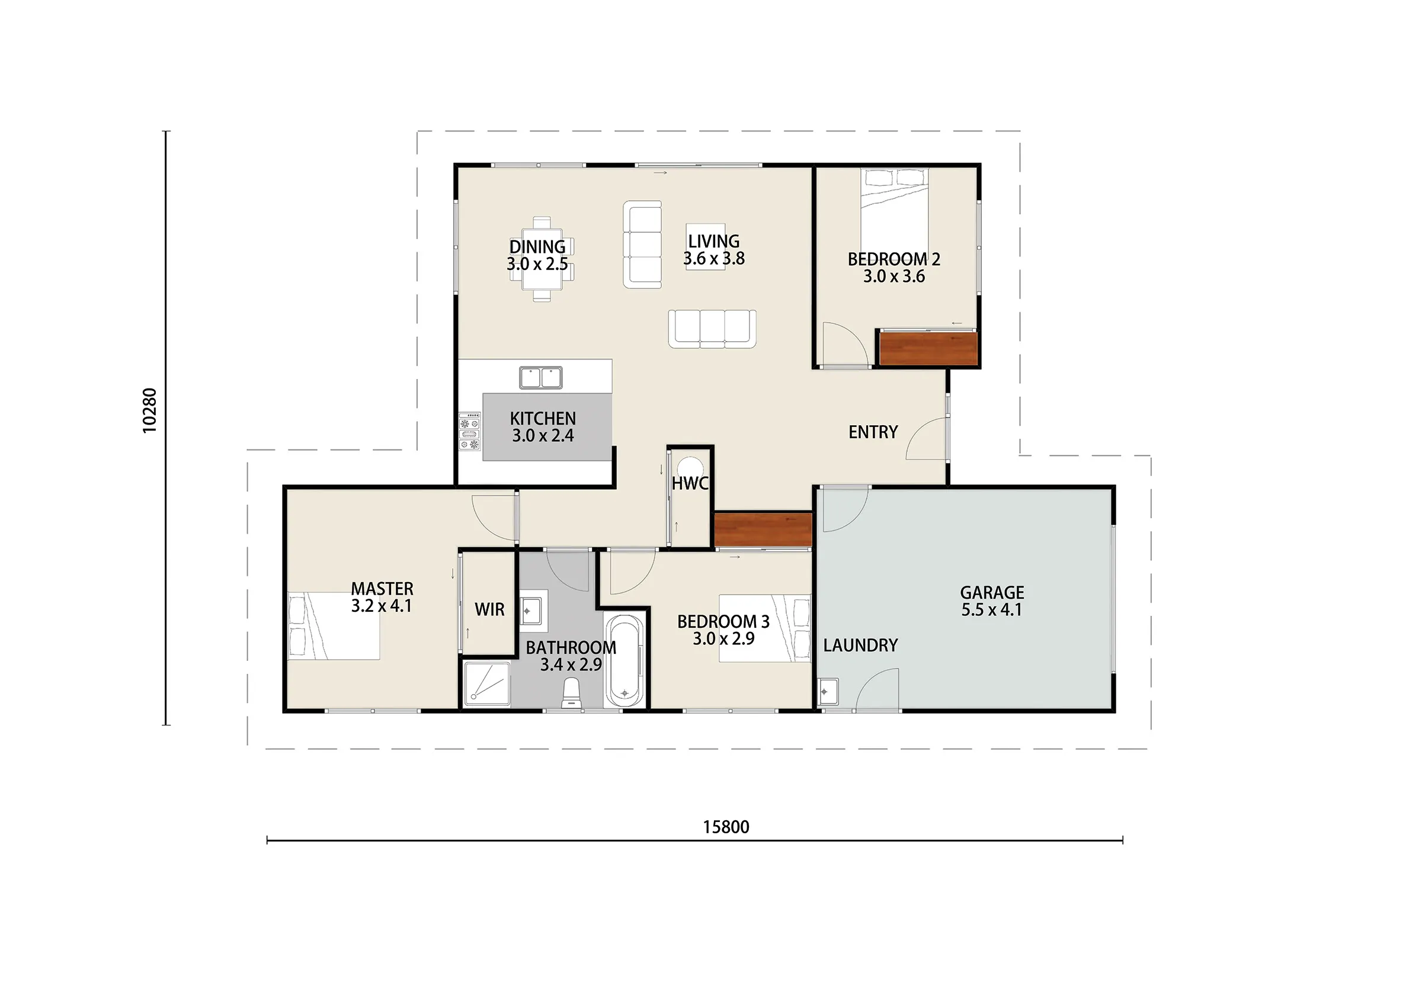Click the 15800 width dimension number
(x=726, y=827)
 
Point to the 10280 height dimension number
(x=150, y=410)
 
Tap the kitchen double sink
(x=541, y=378)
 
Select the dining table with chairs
(x=542, y=259)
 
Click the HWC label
(x=690, y=484)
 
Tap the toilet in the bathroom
(x=571, y=693)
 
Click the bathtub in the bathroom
(x=624, y=661)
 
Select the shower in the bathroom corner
(x=488, y=683)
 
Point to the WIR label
(x=489, y=609)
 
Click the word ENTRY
(x=873, y=432)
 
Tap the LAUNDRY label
(x=860, y=646)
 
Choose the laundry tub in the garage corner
(x=828, y=692)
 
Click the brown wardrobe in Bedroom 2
(x=928, y=349)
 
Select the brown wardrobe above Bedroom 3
(x=763, y=530)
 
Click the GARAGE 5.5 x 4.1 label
(x=992, y=601)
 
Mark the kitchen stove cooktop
(x=469, y=431)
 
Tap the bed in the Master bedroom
(x=334, y=625)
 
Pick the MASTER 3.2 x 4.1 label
(x=382, y=597)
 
